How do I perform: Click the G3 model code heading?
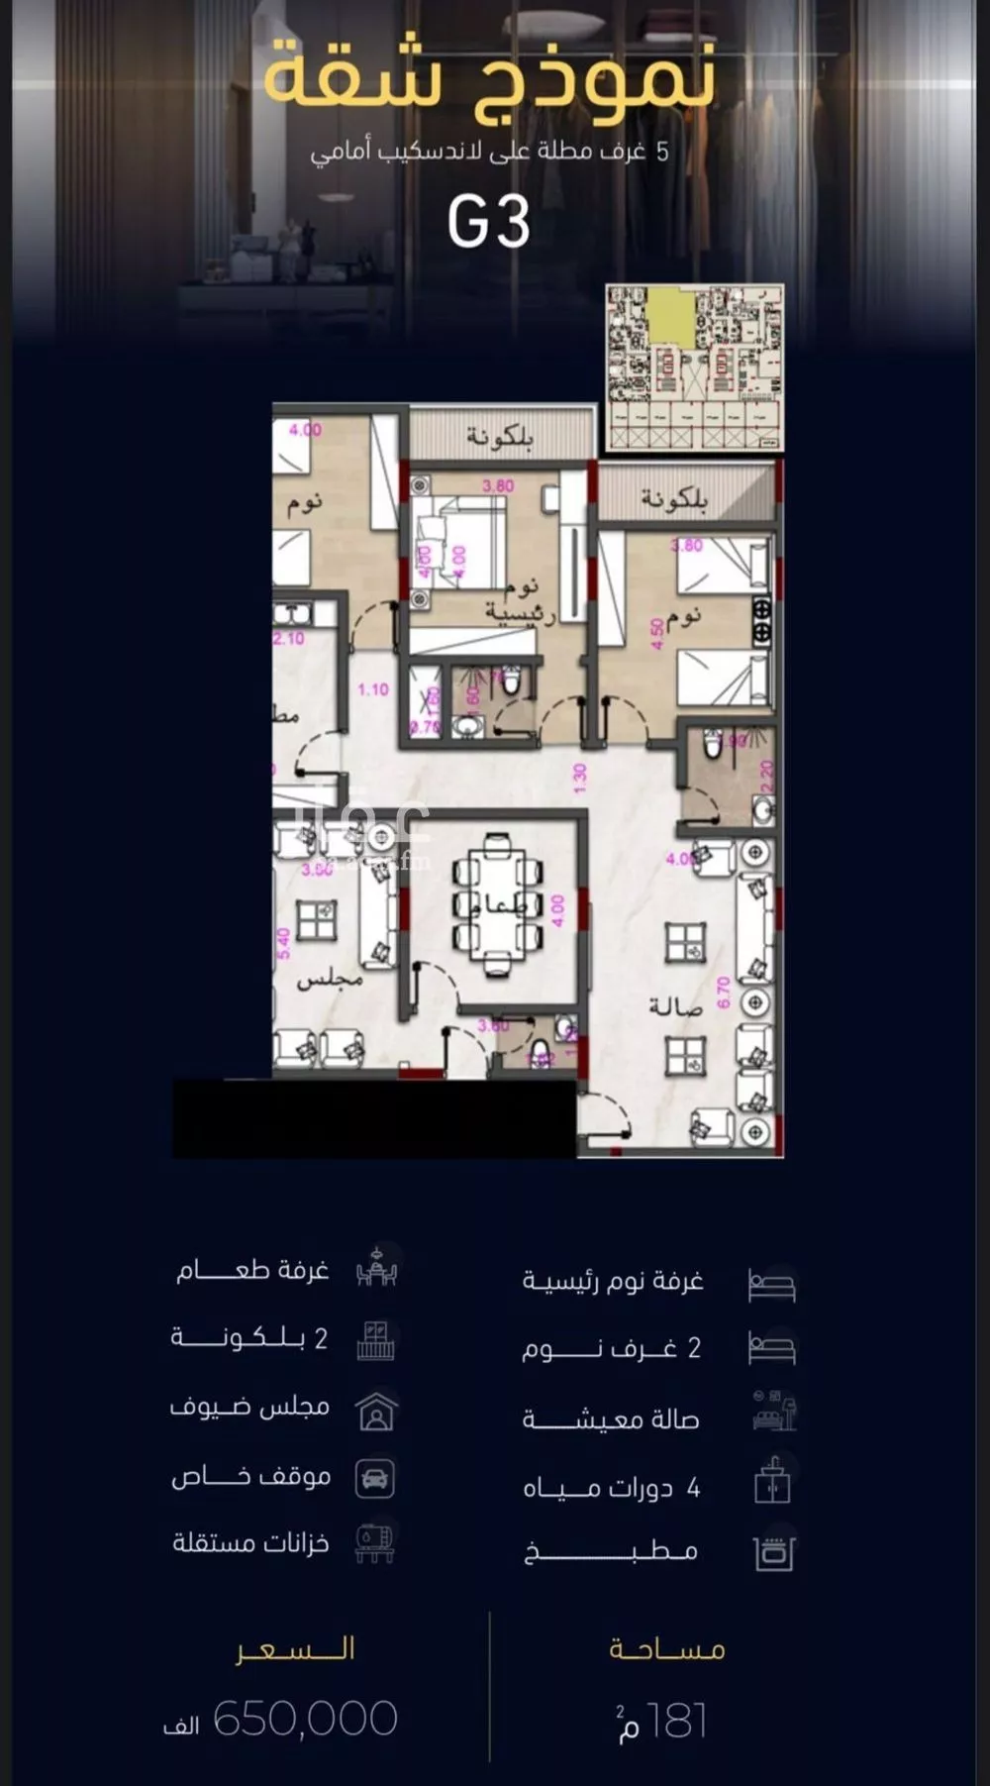pyautogui.click(x=489, y=222)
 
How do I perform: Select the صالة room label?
pyautogui.click(x=675, y=1006)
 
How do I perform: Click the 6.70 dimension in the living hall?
pyautogui.click(x=723, y=992)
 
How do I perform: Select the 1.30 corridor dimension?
pyautogui.click(x=580, y=777)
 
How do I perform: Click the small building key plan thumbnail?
pyautogui.click(x=694, y=367)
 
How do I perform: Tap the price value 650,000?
pyautogui.click(x=305, y=1719)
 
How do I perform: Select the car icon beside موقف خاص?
pyautogui.click(x=375, y=1478)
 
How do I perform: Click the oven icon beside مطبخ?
pyautogui.click(x=773, y=1553)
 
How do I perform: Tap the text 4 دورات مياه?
pyautogui.click(x=612, y=1488)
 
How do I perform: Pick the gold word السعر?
pyautogui.click(x=295, y=1649)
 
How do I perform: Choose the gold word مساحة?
pyautogui.click(x=667, y=1649)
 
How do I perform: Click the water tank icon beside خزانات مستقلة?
pyautogui.click(x=375, y=1543)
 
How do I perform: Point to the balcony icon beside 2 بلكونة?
pyautogui.click(x=375, y=1340)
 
